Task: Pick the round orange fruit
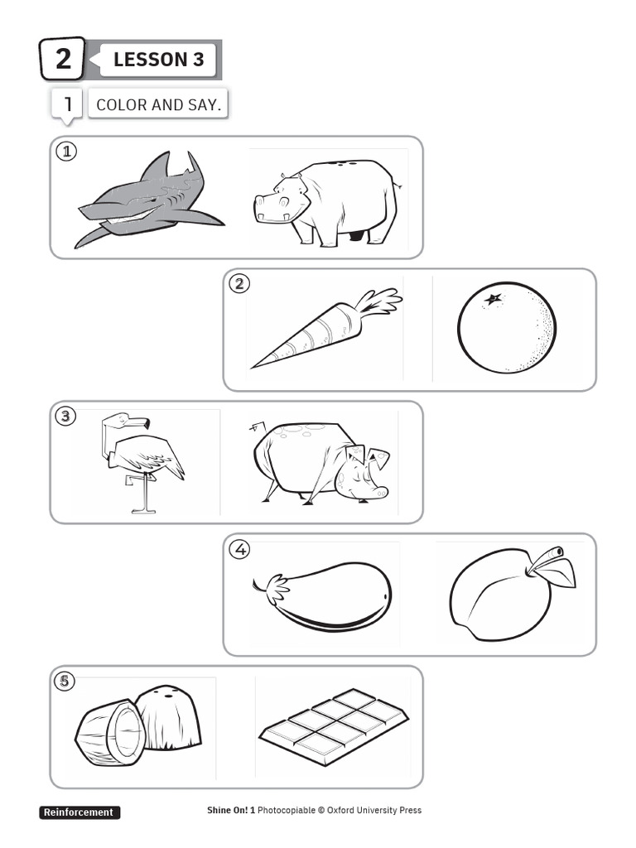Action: [507, 329]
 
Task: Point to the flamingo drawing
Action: [141, 460]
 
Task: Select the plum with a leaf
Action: [501, 595]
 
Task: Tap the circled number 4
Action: [240, 549]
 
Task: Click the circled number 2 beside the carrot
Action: [239, 284]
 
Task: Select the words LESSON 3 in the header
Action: [158, 60]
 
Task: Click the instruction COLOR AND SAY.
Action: [158, 105]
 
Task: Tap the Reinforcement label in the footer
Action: [79, 812]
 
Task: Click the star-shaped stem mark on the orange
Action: [494, 299]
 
